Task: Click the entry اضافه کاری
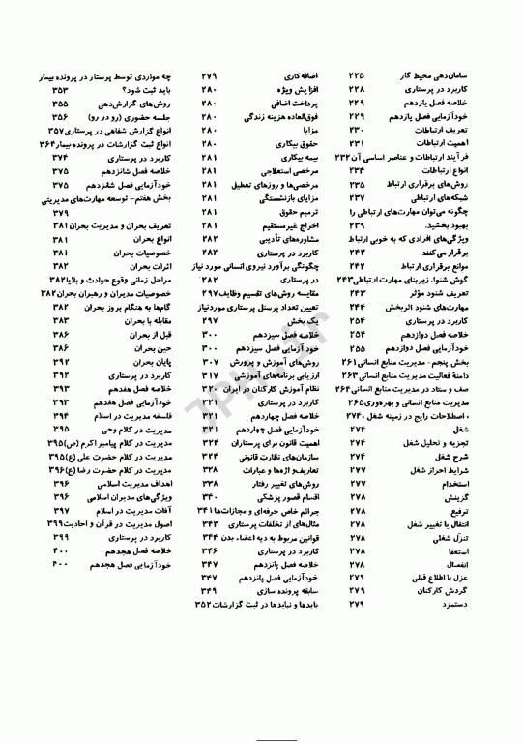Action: [309, 74]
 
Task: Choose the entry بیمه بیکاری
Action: [308, 155]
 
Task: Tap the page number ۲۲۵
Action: [356, 74]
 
